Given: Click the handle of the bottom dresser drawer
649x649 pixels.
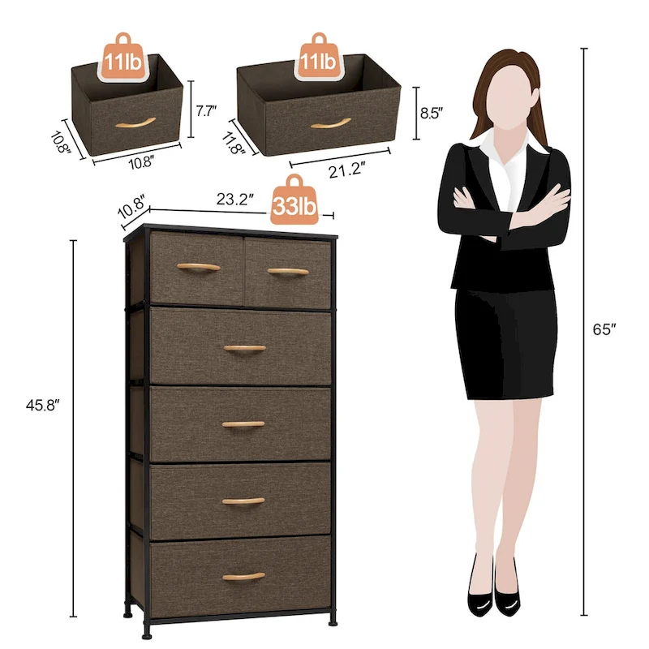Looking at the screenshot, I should click(243, 576).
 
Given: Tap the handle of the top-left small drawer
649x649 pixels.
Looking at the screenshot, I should click(197, 268).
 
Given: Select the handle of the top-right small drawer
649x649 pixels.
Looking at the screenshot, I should click(288, 271).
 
